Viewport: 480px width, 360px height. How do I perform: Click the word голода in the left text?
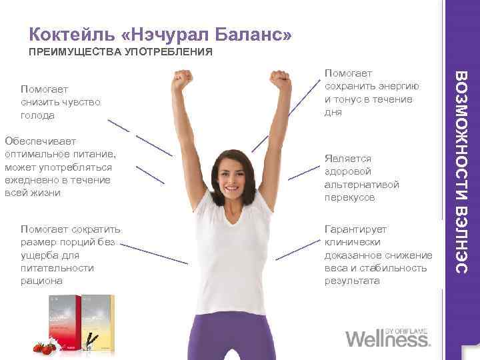click(x=37, y=115)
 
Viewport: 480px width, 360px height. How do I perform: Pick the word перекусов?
click(x=350, y=198)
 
